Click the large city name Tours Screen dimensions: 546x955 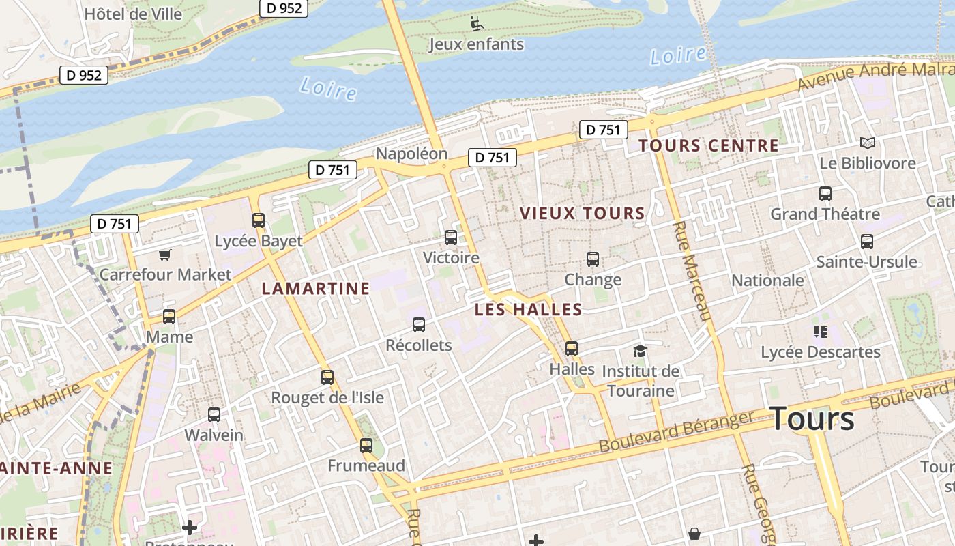tap(812, 418)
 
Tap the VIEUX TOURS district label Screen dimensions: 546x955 tap(582, 214)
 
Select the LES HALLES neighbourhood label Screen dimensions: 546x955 tap(529, 310)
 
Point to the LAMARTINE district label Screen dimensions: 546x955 tap(316, 289)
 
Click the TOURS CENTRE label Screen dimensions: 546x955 tap(709, 145)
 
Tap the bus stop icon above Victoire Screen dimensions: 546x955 tap(451, 238)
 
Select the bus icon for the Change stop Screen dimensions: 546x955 tap(593, 259)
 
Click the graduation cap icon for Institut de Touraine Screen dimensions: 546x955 tap(640, 351)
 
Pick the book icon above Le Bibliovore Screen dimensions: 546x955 tap(867, 143)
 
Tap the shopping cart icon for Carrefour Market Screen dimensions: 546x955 tap(164, 255)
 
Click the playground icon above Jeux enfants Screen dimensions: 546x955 tap(477, 24)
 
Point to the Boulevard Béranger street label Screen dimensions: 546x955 tap(676, 431)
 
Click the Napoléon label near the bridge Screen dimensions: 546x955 tap(411, 154)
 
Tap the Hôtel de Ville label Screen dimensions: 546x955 tap(133, 14)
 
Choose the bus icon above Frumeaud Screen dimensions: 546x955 tap(366, 446)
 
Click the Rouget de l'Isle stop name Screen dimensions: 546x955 tap(327, 398)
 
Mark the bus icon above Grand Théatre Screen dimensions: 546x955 tap(825, 194)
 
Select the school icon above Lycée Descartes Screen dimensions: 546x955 tap(820, 332)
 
